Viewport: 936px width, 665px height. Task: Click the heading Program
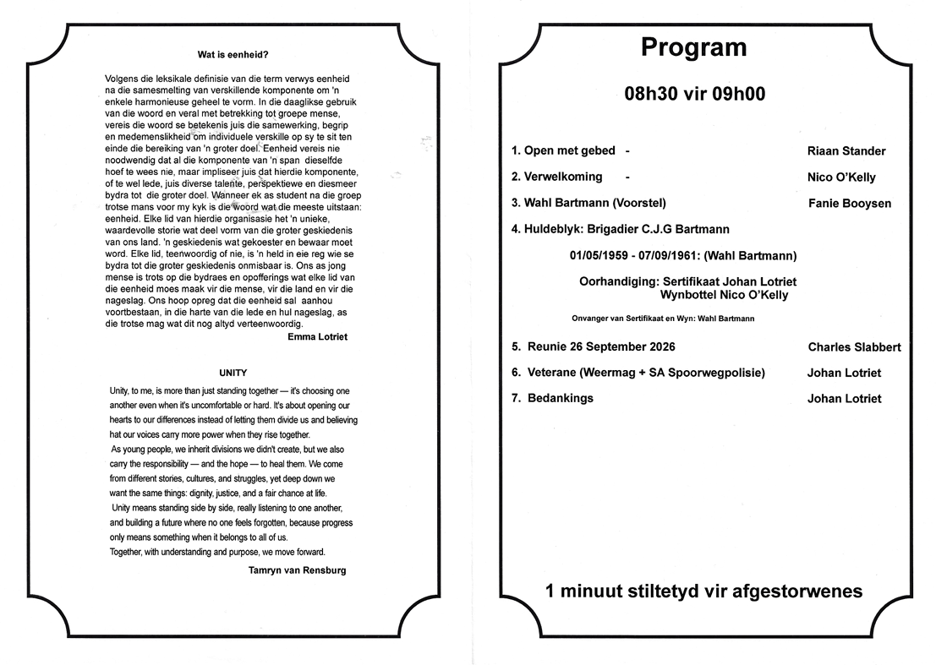coord(693,47)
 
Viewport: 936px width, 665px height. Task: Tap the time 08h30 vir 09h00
coord(694,94)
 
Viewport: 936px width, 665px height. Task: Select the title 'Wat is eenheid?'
coord(233,56)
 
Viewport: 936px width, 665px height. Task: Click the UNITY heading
coord(233,372)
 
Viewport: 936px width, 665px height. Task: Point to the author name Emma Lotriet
coord(317,336)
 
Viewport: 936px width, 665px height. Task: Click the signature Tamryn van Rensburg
coord(297,570)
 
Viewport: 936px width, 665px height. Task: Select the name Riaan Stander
coord(846,151)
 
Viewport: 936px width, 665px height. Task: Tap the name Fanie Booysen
coord(849,204)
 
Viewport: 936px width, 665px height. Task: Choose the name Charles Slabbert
coord(854,347)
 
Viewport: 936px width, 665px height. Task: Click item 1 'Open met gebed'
coord(564,151)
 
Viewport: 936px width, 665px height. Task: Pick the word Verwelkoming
coord(563,177)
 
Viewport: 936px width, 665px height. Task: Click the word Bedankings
coord(560,399)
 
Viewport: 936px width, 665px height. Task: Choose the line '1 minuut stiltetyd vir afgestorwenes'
coord(704,591)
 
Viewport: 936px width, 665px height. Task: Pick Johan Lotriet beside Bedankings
coord(844,399)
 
